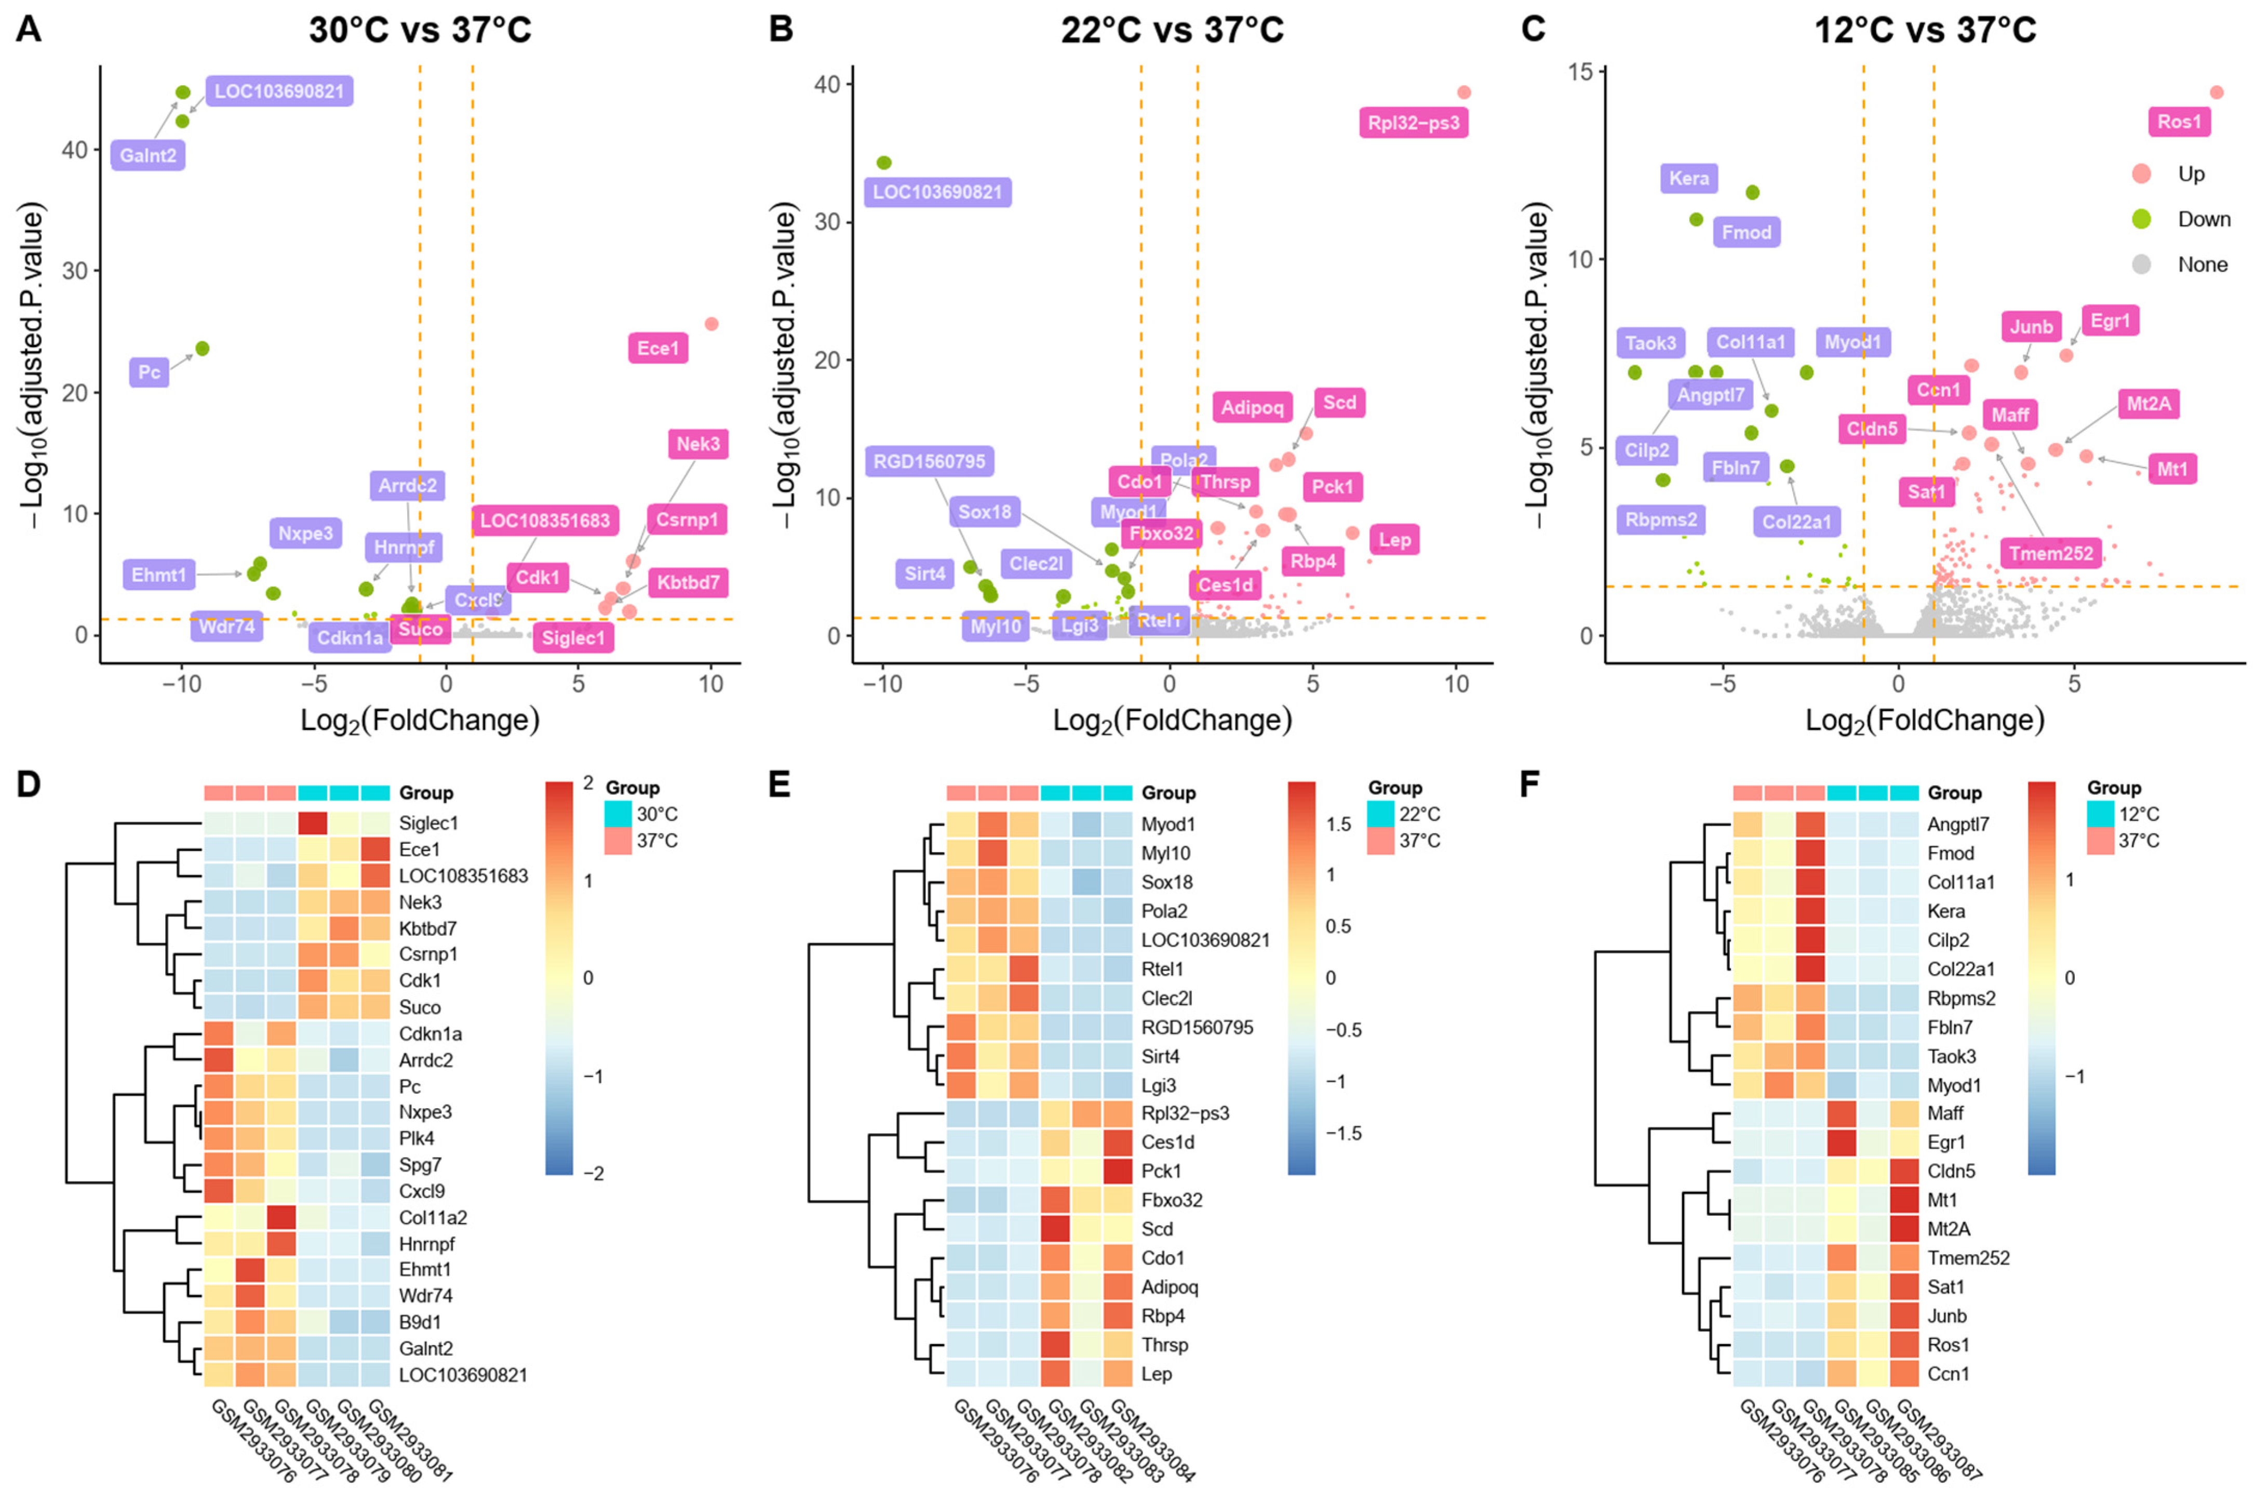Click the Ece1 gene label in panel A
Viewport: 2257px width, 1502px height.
pyautogui.click(x=658, y=348)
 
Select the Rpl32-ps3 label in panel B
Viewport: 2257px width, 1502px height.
pyautogui.click(x=1414, y=123)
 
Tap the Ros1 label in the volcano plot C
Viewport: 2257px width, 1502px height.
pyautogui.click(x=2180, y=122)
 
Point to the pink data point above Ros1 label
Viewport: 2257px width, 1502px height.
pyautogui.click(x=2216, y=92)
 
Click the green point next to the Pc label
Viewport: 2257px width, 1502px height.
pyautogui.click(x=202, y=349)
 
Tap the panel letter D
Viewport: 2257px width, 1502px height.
pyautogui.click(x=29, y=785)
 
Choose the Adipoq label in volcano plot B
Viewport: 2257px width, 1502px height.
pyautogui.click(x=1252, y=407)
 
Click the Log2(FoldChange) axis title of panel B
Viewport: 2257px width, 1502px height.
pyautogui.click(x=1172, y=720)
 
